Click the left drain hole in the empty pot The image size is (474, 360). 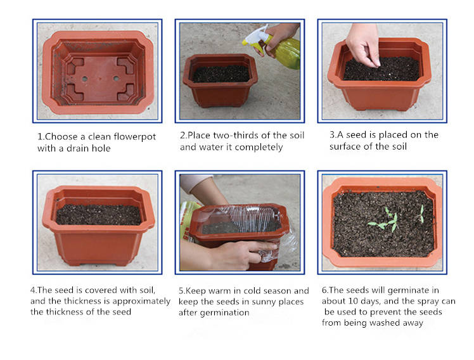[85, 79]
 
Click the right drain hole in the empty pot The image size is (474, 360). [116, 79]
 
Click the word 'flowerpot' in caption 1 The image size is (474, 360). [134, 137]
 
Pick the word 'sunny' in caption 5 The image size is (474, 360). [264, 302]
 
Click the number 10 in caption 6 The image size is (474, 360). [353, 301]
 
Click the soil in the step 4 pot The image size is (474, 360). [99, 215]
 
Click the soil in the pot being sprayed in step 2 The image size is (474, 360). [221, 74]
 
